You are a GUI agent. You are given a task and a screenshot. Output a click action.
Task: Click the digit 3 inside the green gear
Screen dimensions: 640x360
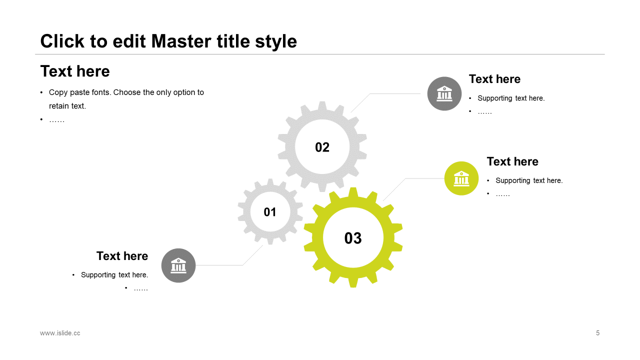point(357,238)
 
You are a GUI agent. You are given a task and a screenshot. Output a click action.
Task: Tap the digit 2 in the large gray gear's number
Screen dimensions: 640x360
point(326,147)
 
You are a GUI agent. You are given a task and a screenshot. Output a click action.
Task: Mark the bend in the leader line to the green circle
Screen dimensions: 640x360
point(405,178)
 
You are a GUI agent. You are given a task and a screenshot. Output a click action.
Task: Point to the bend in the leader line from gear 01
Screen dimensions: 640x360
point(242,265)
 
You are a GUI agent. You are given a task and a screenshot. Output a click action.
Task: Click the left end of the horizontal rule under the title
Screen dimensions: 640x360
point(35,54)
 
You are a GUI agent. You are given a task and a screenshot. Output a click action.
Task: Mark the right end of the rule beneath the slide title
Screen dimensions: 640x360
point(604,54)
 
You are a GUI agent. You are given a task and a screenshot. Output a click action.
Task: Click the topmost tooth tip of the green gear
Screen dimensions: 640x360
point(353,188)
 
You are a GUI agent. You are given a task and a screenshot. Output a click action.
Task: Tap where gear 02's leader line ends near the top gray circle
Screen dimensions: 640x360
point(420,93)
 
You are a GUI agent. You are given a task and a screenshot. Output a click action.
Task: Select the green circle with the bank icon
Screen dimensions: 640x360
point(461,178)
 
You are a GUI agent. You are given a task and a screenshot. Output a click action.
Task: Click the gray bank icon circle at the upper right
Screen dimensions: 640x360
point(444,93)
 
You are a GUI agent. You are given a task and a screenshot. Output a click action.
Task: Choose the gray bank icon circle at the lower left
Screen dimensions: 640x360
point(178,265)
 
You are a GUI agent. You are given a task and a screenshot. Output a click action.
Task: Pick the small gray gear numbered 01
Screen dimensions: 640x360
point(270,211)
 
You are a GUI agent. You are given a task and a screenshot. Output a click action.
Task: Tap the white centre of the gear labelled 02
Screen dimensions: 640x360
point(322,146)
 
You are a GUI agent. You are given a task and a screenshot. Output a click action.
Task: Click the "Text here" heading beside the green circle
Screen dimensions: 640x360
point(512,161)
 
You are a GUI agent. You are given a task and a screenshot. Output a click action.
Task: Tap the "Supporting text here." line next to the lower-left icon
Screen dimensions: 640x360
point(114,275)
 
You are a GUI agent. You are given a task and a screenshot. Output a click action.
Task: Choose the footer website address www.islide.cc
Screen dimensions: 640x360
point(60,333)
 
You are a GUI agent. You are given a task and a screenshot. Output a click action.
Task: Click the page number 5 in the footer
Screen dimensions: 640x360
point(597,333)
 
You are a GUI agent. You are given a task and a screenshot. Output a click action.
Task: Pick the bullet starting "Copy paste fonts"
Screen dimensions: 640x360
point(126,99)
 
